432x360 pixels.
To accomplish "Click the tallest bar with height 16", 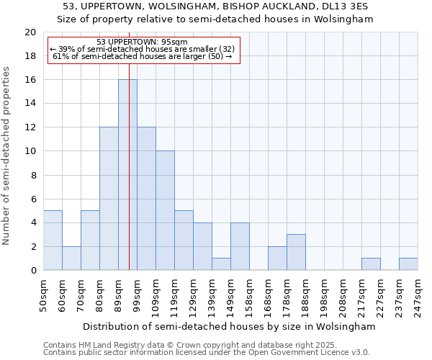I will point(127,175).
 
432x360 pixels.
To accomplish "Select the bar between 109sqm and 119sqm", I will point(165,211).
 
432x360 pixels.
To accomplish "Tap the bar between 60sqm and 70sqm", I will point(71,258).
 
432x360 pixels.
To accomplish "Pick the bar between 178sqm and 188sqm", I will point(296,252).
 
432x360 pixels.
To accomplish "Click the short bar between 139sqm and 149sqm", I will point(221,264).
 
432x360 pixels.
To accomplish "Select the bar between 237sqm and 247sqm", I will point(408,264).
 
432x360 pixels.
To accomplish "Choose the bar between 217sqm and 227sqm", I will point(371,264).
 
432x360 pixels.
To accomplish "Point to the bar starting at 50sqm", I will point(53,240).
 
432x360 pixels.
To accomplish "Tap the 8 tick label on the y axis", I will point(32,175).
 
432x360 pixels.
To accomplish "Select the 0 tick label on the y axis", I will point(32,271).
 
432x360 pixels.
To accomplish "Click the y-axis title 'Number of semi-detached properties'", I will point(7,156).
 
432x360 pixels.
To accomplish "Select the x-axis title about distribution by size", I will point(229,326).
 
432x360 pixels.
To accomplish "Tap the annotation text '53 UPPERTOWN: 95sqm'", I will point(142,42).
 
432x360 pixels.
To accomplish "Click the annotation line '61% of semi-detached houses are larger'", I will point(143,56).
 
